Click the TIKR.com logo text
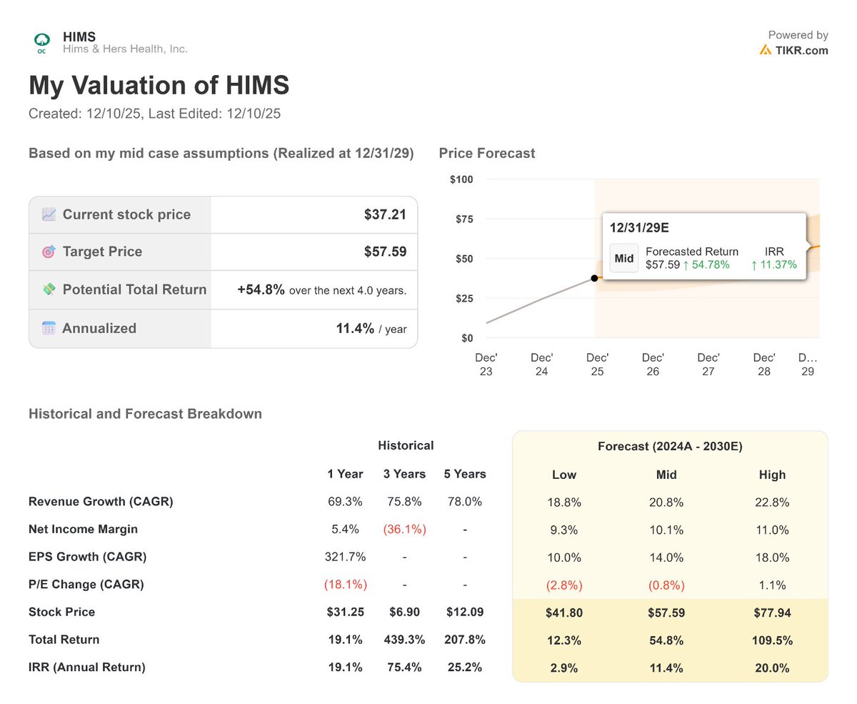tap(800, 50)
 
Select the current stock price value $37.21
tap(385, 214)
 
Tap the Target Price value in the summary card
tap(385, 252)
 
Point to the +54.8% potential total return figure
tap(261, 289)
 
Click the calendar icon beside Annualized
tap(49, 329)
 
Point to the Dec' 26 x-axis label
tap(653, 364)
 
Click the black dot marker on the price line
tap(595, 277)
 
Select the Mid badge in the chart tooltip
tap(624, 258)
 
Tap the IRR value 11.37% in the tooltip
tap(774, 264)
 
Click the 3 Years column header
tap(404, 474)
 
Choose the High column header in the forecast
tap(772, 475)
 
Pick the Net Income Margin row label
tap(83, 529)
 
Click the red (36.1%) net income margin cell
tap(404, 530)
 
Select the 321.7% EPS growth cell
tap(344, 557)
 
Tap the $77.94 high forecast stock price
tap(772, 613)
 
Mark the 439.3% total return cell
tap(404, 640)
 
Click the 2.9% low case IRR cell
tap(563, 668)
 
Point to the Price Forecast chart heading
tap(486, 153)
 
